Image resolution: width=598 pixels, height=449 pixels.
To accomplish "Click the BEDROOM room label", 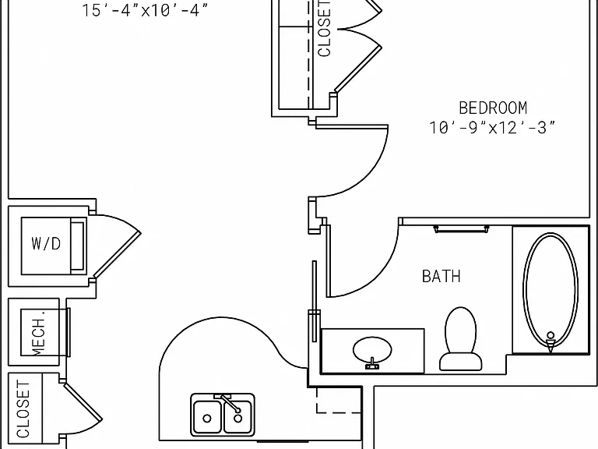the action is click(x=493, y=108).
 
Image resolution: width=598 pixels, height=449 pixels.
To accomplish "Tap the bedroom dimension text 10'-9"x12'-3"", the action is click(x=492, y=128).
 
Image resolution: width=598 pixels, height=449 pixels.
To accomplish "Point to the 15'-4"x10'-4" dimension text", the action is click(x=146, y=10).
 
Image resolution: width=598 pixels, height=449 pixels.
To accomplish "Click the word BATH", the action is click(x=441, y=276).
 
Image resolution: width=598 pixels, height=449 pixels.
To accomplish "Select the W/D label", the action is click(x=46, y=243).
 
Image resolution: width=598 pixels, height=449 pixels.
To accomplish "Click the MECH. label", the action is click(x=39, y=333).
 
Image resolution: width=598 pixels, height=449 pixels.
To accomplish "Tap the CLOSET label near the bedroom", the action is click(x=324, y=29).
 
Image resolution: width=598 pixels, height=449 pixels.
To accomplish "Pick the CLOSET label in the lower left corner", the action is click(x=23, y=409).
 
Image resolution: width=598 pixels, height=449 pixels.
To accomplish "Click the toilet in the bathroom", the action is click(x=460, y=339).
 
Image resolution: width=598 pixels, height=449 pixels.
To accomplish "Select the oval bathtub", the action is click(x=551, y=291).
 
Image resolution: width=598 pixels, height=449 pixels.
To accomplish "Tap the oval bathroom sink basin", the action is click(x=372, y=349).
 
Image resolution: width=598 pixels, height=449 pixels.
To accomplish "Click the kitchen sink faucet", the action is click(x=228, y=403).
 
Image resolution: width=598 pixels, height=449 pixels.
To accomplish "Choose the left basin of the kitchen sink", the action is click(x=207, y=417).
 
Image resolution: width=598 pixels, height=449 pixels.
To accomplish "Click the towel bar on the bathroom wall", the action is click(x=462, y=228).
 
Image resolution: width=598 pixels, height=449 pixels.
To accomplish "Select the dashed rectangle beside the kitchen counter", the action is click(x=339, y=401).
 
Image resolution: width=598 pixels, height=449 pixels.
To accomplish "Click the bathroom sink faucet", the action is click(x=372, y=364).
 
